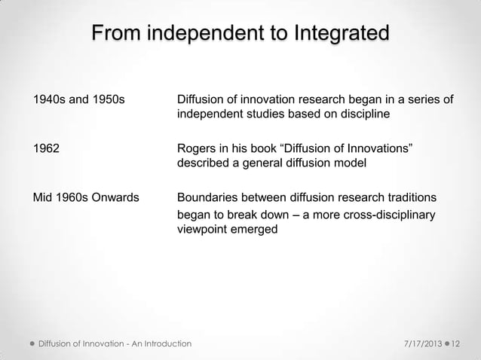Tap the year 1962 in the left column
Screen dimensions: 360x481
click(44, 149)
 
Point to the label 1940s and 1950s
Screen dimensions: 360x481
click(78, 99)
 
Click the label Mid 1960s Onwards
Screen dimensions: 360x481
click(84, 198)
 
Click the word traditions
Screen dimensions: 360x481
click(408, 198)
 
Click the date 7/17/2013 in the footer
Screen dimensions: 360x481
click(416, 343)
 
